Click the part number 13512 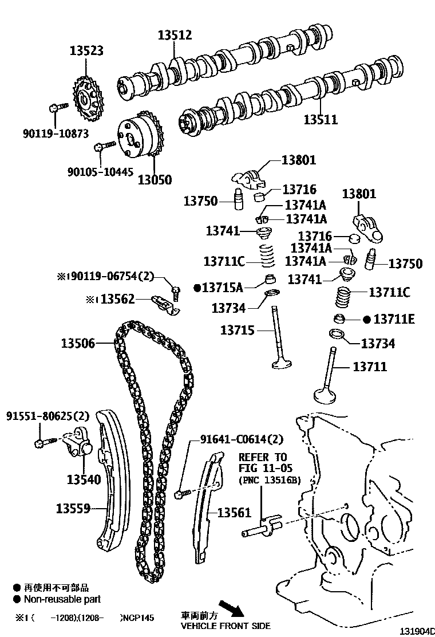tap(175, 36)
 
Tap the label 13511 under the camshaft tap(321, 120)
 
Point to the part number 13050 tap(155, 179)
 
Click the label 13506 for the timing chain tap(78, 344)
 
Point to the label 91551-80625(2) tap(48, 415)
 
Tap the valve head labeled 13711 tap(328, 395)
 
